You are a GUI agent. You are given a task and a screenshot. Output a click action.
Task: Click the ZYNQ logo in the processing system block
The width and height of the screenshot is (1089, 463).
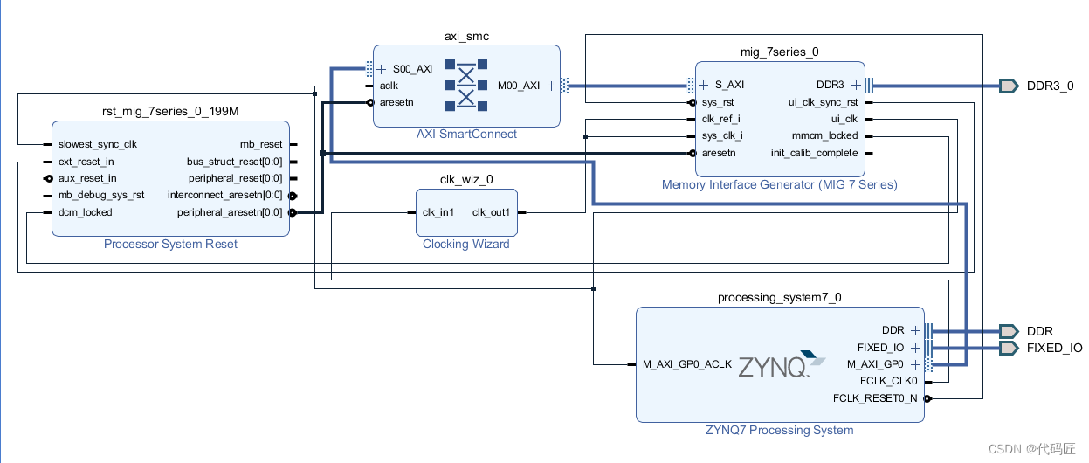[781, 364]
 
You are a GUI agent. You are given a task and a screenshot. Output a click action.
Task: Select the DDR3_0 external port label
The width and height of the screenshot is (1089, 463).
[1050, 86]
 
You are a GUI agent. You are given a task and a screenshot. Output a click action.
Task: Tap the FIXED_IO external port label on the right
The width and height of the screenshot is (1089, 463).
[1054, 348]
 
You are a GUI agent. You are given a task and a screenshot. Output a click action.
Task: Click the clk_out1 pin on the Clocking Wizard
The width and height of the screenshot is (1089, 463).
[491, 212]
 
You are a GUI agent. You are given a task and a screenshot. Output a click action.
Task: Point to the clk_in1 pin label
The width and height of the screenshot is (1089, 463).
[439, 212]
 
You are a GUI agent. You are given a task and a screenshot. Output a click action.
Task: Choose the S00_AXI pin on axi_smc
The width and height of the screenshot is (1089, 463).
[412, 69]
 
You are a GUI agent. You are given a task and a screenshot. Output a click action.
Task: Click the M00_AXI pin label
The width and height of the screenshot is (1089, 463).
[519, 86]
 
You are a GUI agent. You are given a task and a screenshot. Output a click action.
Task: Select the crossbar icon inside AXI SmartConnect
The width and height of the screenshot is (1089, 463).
[465, 86]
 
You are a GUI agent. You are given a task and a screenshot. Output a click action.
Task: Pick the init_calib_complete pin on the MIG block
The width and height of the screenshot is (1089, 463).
[814, 153]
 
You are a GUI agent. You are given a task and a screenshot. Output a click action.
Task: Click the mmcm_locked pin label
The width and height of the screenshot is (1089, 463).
[824, 135]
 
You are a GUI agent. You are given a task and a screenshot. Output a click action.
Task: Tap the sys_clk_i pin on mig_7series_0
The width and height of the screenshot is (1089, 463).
[722, 135]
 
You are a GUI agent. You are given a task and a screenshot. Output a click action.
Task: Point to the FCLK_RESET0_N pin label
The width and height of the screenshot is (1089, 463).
[875, 398]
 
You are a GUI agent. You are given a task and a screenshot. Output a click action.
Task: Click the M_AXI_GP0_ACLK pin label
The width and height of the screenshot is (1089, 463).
[687, 364]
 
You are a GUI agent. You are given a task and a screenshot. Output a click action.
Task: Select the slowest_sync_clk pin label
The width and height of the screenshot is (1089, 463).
[97, 144]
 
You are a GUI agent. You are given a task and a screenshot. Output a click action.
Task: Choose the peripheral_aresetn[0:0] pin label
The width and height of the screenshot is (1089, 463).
[230, 211]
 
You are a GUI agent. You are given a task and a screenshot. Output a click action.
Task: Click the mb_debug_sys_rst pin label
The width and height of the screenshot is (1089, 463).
[101, 195]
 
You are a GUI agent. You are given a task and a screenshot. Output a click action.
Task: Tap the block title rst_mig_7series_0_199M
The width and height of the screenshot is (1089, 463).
[170, 111]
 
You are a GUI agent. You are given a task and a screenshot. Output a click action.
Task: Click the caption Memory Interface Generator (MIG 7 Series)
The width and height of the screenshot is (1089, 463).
[779, 184]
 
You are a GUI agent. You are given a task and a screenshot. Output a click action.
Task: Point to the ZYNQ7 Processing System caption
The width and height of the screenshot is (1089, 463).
[779, 430]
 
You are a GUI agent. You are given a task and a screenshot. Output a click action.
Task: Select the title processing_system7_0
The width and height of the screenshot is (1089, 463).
[779, 297]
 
